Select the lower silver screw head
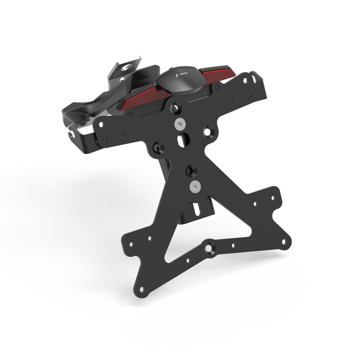[x=195, y=186]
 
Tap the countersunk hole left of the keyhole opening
[x=158, y=147]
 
